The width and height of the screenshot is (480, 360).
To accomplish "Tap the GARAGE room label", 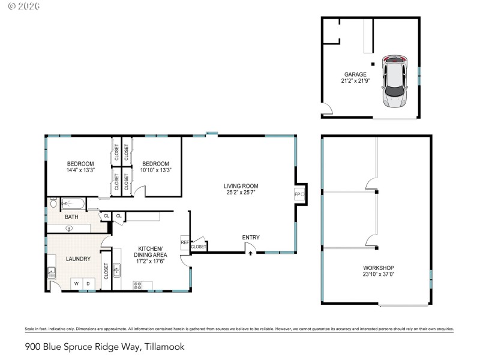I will [x=355, y=74].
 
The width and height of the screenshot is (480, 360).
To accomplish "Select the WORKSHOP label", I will [x=379, y=268].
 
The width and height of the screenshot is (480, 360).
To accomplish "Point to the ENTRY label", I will [x=251, y=238].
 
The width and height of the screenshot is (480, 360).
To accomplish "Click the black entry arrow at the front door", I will [x=250, y=253].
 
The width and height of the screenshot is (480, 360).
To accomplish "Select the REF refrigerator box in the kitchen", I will [x=185, y=242].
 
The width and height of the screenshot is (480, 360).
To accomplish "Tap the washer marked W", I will [x=76, y=283].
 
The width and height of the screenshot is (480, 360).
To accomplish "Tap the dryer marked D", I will [x=88, y=283].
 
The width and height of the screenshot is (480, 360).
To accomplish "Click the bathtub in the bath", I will [x=73, y=203].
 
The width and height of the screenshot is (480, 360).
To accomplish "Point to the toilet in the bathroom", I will [x=53, y=203].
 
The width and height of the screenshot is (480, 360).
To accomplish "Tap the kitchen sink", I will [x=118, y=271].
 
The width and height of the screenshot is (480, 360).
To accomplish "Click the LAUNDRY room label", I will [x=78, y=259].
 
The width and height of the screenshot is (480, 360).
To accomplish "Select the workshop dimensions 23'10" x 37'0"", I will [x=379, y=274].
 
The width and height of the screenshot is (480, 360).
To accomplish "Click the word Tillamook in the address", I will [x=163, y=346].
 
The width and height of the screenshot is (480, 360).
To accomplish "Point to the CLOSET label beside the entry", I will [x=199, y=247].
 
